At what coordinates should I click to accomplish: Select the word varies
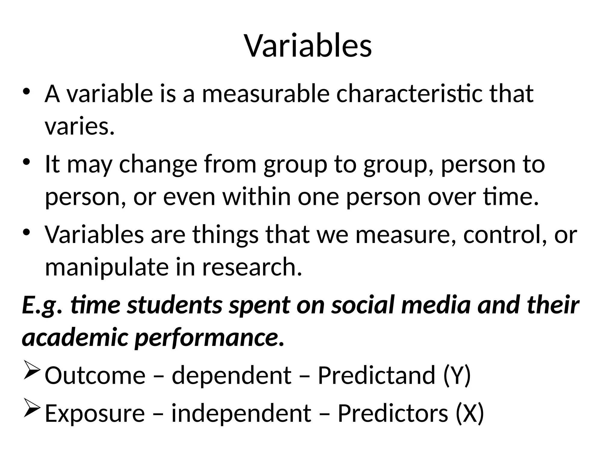point(80,126)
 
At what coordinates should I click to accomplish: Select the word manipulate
point(107,267)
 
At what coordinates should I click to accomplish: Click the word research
point(252,267)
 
